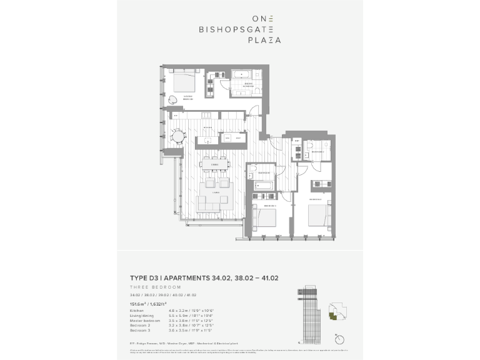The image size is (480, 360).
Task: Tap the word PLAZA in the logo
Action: (x=266, y=39)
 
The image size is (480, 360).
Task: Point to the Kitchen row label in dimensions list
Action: (x=136, y=311)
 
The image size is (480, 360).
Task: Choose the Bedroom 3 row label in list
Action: (x=139, y=331)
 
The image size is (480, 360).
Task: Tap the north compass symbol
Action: (x=339, y=339)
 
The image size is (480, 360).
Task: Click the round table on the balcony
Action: (x=178, y=135)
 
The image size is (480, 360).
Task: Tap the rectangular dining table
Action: (x=214, y=164)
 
